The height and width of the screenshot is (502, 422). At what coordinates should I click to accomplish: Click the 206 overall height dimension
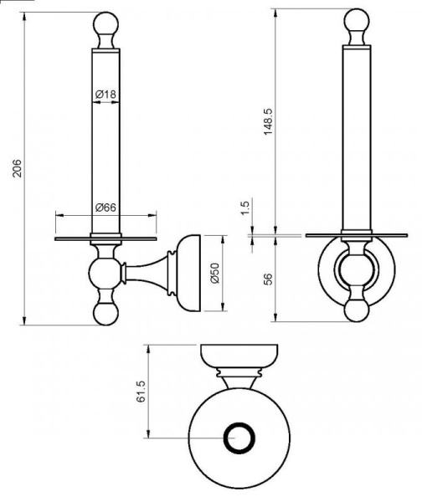17,168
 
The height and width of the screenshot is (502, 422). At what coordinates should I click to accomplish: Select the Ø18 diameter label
105,95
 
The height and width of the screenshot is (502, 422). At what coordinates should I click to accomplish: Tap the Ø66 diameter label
105,207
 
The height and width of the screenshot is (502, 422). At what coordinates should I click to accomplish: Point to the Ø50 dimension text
215,273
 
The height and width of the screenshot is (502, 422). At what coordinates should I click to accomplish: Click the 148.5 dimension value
268,121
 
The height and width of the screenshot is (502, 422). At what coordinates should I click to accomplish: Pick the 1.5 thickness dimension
244,208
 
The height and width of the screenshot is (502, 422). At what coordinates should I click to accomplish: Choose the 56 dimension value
268,279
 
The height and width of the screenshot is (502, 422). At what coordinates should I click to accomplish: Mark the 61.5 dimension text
141,392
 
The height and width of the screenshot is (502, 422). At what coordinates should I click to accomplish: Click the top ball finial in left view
105,23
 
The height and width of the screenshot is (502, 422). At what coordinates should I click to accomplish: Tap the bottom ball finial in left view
105,314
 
